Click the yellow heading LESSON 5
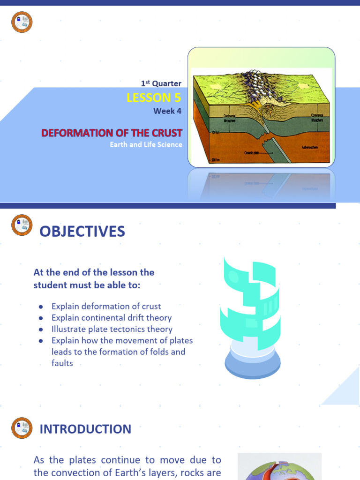154,97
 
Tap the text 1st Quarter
161,83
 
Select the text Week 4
167,111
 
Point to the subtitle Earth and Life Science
146,144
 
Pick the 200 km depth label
216,160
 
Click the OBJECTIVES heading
82,231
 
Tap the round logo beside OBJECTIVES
22,225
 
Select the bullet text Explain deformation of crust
106,306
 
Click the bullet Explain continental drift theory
112,318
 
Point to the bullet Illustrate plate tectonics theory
112,329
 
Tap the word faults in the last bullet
62,363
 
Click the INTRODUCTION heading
85,429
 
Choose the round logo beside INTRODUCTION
22,428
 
